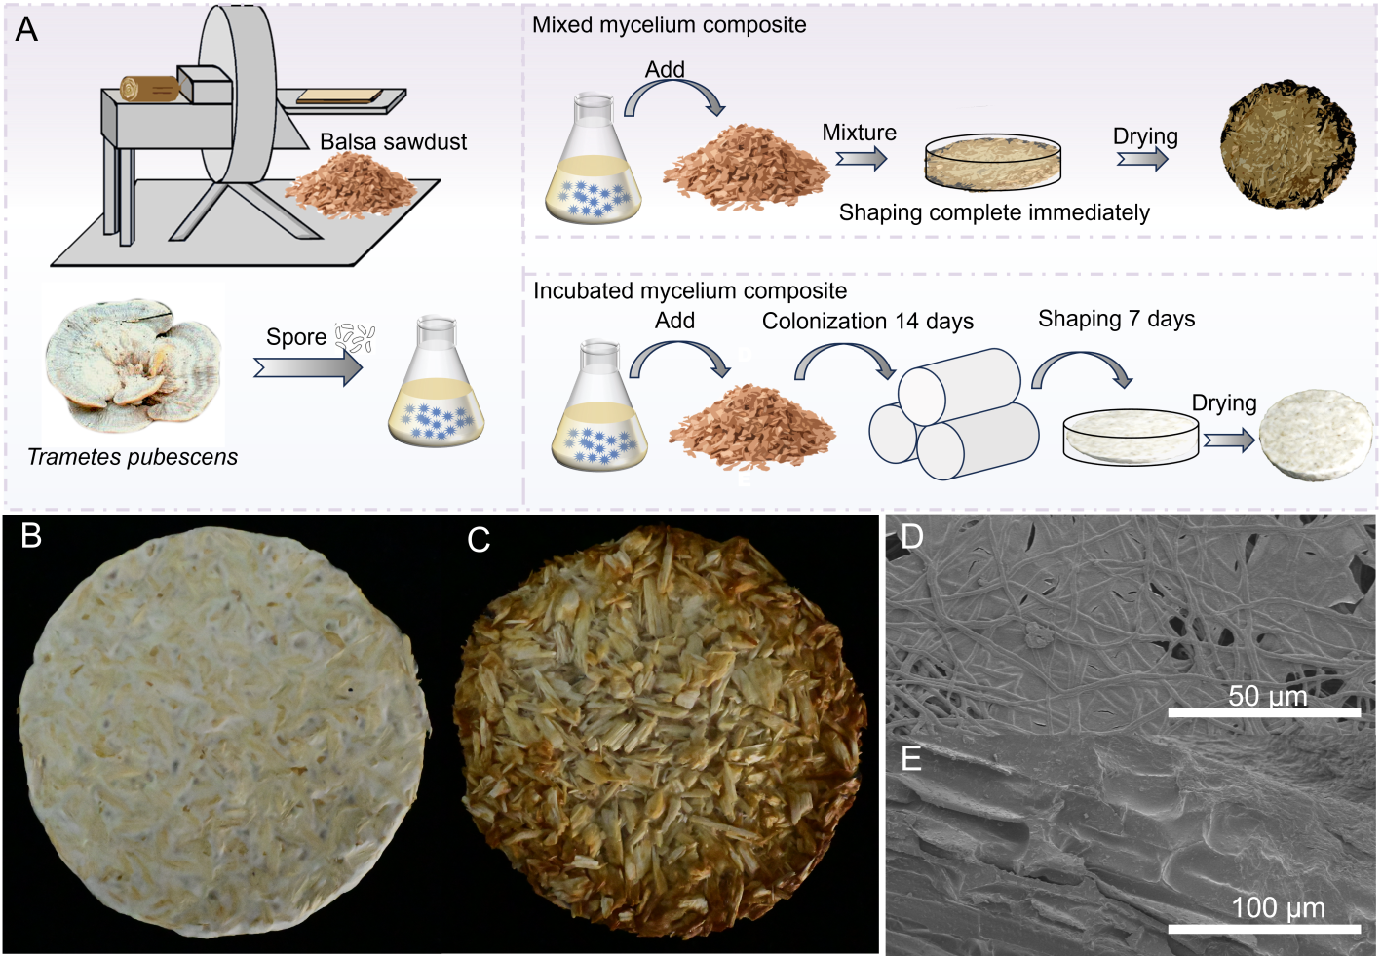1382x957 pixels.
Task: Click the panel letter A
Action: (x=26, y=29)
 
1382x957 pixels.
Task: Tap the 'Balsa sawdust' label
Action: (x=393, y=142)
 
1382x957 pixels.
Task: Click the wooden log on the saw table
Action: (x=150, y=89)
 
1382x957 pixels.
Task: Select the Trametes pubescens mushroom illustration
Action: (x=133, y=364)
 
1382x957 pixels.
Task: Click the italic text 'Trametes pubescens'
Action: (x=133, y=457)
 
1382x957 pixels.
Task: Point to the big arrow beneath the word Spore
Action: (x=308, y=369)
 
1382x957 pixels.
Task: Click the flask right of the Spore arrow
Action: (x=437, y=382)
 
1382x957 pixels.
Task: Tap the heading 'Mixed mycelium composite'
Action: (x=670, y=25)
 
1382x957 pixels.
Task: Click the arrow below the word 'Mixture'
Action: (x=862, y=159)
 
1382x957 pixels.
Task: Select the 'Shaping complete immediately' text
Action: (x=994, y=212)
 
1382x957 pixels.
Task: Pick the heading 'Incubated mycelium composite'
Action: (x=690, y=291)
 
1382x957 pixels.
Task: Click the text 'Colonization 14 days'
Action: (x=867, y=322)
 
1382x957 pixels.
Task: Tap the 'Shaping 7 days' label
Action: (x=1116, y=319)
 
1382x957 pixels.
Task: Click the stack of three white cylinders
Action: (x=954, y=413)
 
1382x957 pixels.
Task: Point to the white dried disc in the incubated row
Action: (x=1316, y=435)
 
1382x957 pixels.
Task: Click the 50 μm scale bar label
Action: (x=1268, y=696)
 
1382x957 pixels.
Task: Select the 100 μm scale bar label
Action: (x=1279, y=908)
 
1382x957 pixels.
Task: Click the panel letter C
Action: (x=479, y=540)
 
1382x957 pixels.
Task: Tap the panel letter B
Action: (x=31, y=536)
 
